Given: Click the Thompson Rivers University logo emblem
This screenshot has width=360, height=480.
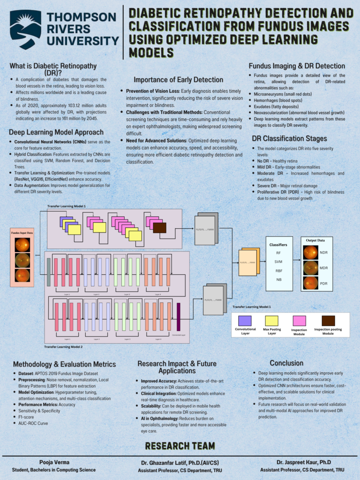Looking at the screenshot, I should point(25,30).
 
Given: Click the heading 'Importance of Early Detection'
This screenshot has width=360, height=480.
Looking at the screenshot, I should point(178,80).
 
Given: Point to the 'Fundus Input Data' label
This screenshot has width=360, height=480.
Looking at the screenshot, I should point(22,232).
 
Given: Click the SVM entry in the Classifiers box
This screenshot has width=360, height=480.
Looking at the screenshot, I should point(278,262).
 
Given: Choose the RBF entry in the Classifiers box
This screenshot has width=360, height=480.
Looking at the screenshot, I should point(278,270).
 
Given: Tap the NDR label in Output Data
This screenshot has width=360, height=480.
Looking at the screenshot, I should point(324,253).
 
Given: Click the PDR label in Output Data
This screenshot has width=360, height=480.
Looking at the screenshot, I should point(324,284).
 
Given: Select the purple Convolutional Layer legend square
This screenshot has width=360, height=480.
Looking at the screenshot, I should point(245,321).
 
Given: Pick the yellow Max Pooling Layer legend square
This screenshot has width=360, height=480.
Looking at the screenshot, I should point(272,321).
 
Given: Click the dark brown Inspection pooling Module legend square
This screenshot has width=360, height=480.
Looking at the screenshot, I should point(328,321).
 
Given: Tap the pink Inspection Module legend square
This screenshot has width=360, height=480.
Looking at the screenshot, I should point(299,321).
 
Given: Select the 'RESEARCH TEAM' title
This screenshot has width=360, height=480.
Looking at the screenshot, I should point(180,445).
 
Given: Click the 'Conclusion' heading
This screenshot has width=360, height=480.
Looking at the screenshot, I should point(286,363).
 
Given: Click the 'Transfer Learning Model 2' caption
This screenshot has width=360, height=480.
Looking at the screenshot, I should point(63,347).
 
